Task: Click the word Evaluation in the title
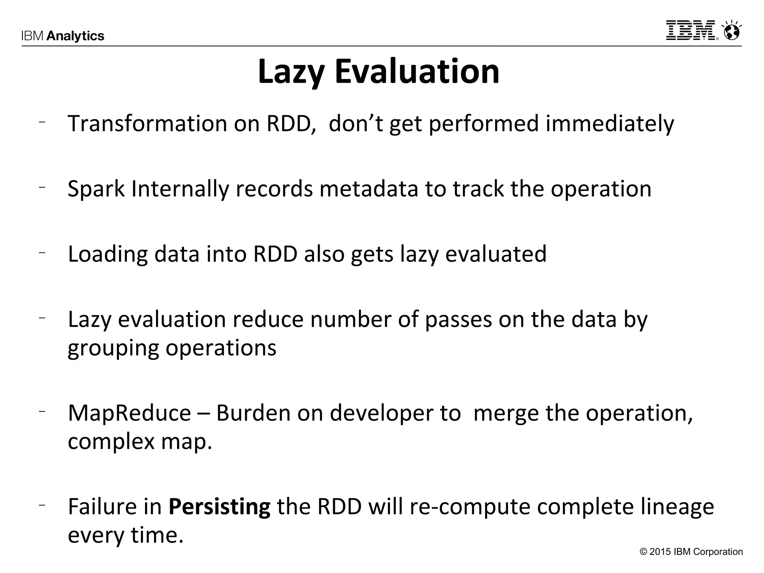point(417,72)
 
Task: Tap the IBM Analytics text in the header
point(63,36)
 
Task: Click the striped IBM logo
point(691,31)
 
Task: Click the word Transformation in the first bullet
point(147,123)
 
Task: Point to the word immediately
point(610,123)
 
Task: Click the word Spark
point(96,189)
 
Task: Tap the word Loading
point(108,254)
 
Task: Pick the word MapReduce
point(129,413)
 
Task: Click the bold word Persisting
point(219,507)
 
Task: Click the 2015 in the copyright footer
point(660,552)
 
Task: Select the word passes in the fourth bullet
point(458,320)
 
